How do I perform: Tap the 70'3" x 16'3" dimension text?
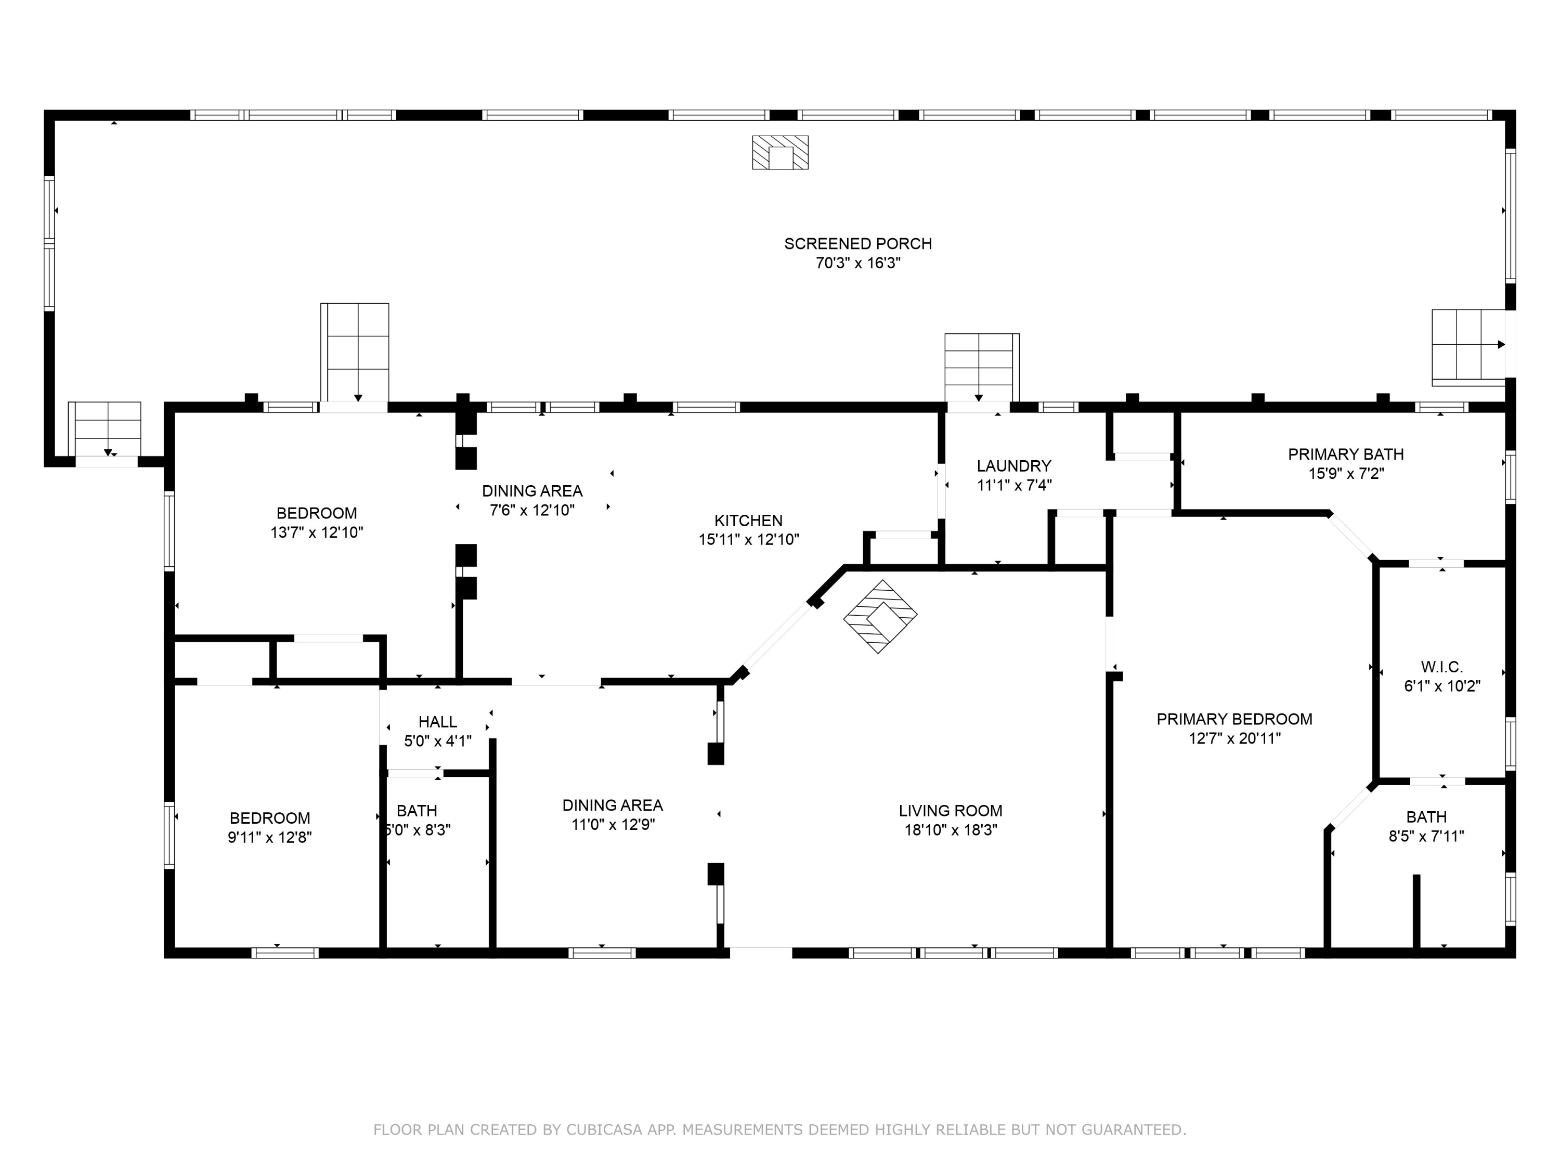[x=859, y=263]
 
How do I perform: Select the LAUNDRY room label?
[x=1013, y=466]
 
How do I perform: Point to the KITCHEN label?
[x=748, y=521]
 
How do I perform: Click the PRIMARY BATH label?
[x=1346, y=454]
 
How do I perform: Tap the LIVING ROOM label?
[x=950, y=811]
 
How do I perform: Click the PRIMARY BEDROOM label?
[x=1234, y=719]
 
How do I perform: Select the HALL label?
[x=437, y=722]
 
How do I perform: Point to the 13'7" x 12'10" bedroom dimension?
[x=317, y=532]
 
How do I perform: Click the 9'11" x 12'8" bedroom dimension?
[x=269, y=837]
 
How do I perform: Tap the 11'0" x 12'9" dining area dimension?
[x=613, y=824]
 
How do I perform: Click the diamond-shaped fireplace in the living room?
[x=880, y=616]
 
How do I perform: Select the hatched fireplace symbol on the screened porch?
[x=780, y=152]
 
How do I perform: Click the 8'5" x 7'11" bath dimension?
[x=1426, y=836]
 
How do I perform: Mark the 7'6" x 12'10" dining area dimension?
[x=532, y=510]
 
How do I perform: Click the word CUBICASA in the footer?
[x=604, y=1130]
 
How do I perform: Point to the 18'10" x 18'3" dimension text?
[x=951, y=830]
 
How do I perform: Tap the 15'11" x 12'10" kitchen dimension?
[x=748, y=540]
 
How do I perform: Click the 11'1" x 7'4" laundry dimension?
[x=1014, y=485]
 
